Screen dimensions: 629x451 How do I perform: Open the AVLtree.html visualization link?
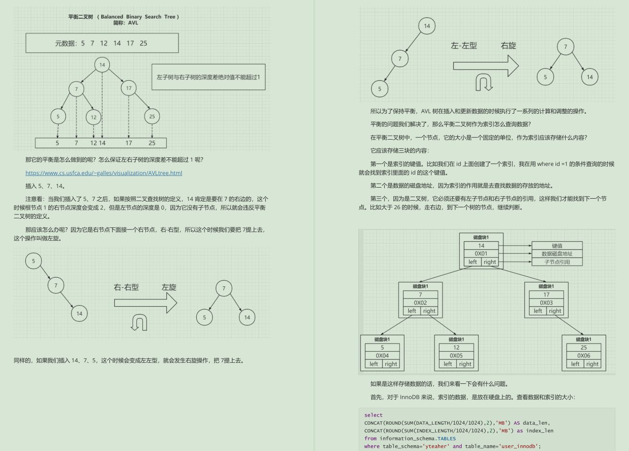[x=104, y=173]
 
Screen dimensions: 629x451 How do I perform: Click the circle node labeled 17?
[x=129, y=88]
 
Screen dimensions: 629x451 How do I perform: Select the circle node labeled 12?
[x=94, y=117]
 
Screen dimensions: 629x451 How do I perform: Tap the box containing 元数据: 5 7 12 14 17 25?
[x=102, y=43]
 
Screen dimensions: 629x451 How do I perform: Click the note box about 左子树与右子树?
[x=208, y=77]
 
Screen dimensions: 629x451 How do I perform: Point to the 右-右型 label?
[x=126, y=287]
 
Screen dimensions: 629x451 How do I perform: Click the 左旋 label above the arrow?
[x=169, y=287]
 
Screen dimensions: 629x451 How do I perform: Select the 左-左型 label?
[x=464, y=46]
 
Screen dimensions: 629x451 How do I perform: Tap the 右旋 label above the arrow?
[x=508, y=46]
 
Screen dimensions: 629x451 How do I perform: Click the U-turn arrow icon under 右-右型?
[x=139, y=322]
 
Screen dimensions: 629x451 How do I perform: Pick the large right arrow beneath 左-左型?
[x=486, y=65]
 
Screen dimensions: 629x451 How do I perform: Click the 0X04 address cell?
[x=382, y=356]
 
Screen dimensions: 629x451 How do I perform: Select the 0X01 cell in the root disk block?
[x=481, y=254]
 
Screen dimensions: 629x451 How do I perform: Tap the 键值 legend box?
[x=557, y=246]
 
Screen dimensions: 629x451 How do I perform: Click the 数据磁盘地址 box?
[x=557, y=254]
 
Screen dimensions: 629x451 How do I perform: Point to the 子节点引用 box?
[x=557, y=262]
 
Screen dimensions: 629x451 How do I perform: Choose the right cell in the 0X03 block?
[x=555, y=311]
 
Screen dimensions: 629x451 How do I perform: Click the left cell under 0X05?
[x=448, y=364]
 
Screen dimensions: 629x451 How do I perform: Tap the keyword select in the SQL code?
[x=373, y=415]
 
